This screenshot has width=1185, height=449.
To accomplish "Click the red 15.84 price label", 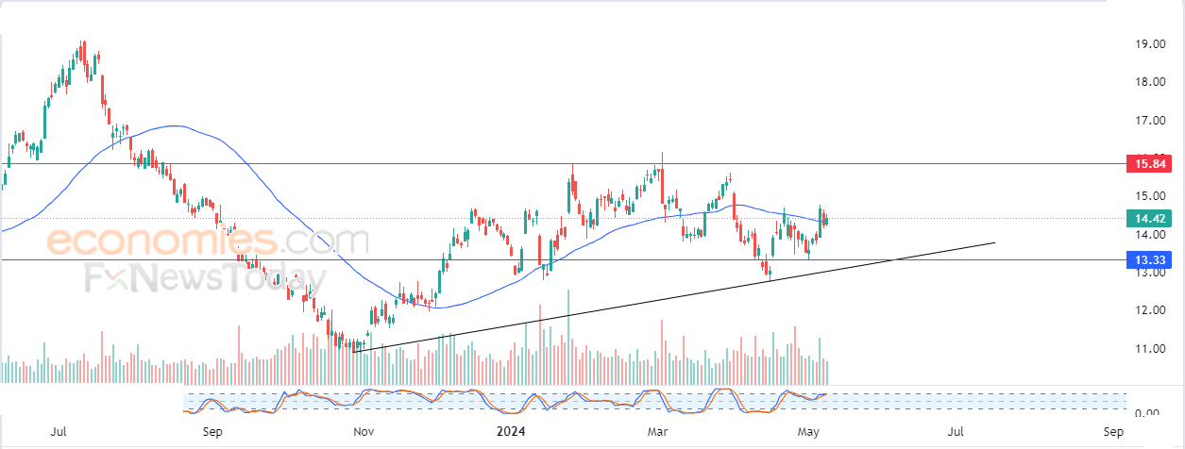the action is (x=1149, y=164).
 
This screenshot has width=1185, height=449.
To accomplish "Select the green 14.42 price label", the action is (x=1149, y=218).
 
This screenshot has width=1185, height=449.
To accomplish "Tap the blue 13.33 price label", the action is (x=1149, y=260).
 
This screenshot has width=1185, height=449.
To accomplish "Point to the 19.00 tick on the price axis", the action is (x=1150, y=43).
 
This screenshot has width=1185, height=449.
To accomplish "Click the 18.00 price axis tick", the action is (x=1150, y=82).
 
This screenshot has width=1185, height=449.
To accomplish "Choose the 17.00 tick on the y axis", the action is (x=1150, y=121).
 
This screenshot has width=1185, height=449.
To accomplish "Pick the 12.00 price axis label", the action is (x=1150, y=310).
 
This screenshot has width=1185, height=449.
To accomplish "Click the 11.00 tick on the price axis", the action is (x=1150, y=349).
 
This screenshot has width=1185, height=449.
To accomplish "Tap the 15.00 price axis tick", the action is (x=1150, y=196).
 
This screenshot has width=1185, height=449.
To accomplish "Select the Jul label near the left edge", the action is (x=59, y=432).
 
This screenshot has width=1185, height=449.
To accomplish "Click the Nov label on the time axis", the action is (x=364, y=432).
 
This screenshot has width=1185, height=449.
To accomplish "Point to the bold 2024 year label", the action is (x=511, y=432).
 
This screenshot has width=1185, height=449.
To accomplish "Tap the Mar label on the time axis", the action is (x=657, y=432).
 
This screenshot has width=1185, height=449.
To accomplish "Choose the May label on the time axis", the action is (x=808, y=432).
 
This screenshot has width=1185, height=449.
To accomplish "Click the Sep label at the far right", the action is (x=1113, y=432).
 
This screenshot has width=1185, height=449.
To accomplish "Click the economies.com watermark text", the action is (x=208, y=241).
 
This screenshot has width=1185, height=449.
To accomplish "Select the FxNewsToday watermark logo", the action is (x=205, y=278).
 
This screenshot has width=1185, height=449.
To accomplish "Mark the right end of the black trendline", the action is (x=995, y=242).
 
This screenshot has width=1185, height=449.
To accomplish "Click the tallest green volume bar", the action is (x=568, y=337).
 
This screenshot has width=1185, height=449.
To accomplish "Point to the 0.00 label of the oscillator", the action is (x=1147, y=411).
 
